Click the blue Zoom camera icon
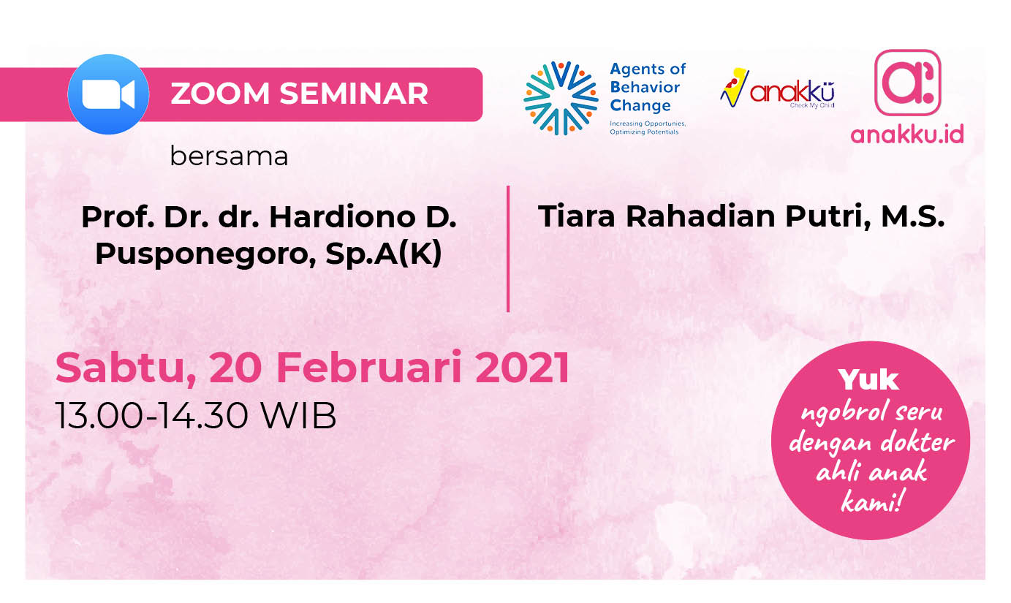[x=108, y=94]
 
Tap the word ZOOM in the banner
[x=220, y=94]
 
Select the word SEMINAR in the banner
[x=353, y=94]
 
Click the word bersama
[x=229, y=156]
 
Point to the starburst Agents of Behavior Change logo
[x=561, y=98]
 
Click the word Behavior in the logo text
[x=645, y=87]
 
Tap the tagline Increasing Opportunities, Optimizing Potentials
[x=648, y=128]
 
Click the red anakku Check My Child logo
[x=777, y=88]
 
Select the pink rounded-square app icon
[x=908, y=83]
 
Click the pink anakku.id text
[x=907, y=134]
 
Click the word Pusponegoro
[x=205, y=254]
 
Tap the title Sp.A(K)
[x=384, y=254]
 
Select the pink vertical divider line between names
[x=508, y=249]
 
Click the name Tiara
[x=576, y=216]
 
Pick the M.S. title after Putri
[x=912, y=216]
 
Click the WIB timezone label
[x=299, y=416]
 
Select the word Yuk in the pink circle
[x=869, y=380]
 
